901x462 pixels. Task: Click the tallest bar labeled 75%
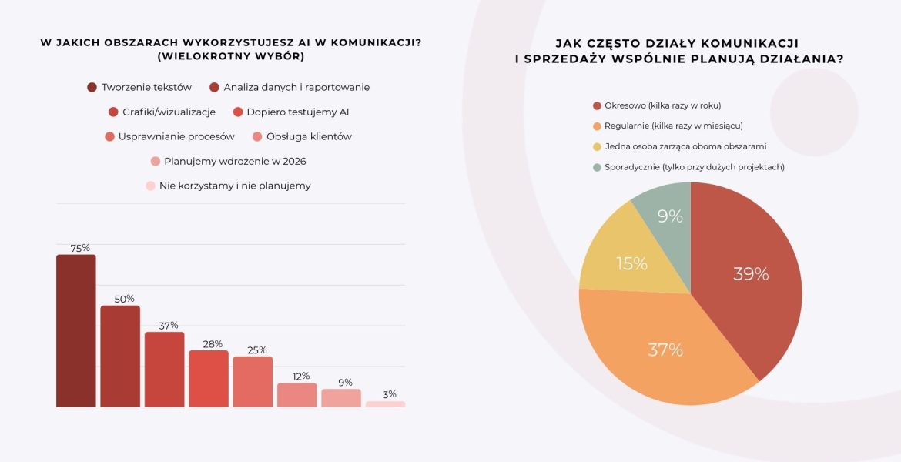point(75,331)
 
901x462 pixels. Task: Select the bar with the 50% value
point(120,357)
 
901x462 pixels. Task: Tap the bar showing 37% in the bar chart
point(164,370)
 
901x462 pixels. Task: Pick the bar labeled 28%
point(209,379)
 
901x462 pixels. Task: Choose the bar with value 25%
point(253,382)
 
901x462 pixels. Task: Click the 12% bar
point(297,395)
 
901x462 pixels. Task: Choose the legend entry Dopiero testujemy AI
point(297,112)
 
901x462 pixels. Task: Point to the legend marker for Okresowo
point(597,105)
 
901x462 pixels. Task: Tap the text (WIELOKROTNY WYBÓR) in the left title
point(230,56)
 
